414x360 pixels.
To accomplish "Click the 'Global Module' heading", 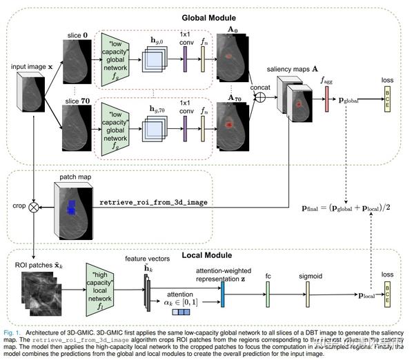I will pyautogui.click(x=208, y=17).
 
